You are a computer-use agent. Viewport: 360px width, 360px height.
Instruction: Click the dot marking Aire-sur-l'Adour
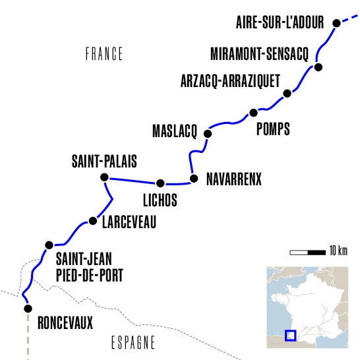click(336, 23)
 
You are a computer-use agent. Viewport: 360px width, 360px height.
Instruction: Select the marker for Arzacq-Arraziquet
click(286, 94)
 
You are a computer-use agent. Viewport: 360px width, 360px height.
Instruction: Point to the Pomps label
click(273, 128)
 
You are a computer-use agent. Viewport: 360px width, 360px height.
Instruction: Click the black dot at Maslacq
click(208, 133)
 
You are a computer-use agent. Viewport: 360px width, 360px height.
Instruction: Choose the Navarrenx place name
click(234, 179)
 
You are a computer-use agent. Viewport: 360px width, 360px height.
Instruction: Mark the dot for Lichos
click(160, 183)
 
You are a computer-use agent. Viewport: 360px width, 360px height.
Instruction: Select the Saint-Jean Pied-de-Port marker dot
click(47, 245)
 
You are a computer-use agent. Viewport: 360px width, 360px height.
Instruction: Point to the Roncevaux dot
click(27, 308)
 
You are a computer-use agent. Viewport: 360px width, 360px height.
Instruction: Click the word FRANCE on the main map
click(104, 53)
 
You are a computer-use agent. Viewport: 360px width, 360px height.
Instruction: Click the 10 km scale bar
click(307, 251)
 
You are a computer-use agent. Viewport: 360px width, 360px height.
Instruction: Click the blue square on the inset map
click(290, 335)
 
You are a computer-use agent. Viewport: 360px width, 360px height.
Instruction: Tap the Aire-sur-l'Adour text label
click(280, 23)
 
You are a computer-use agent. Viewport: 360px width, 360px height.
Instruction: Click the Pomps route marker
click(253, 113)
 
